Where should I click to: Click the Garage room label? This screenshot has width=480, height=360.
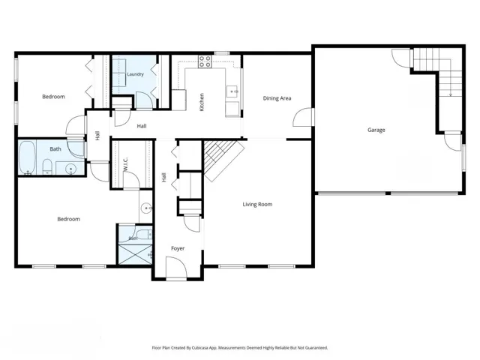(376, 130)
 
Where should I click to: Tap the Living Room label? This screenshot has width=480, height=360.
(257, 204)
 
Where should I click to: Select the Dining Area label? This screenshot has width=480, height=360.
(277, 98)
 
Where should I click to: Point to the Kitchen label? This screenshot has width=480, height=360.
(202, 102)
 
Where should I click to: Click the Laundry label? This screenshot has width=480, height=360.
(135, 74)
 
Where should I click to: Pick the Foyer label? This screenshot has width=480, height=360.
(178, 248)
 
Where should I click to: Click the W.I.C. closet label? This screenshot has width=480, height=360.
(125, 165)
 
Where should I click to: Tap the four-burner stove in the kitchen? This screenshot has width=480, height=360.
(205, 61)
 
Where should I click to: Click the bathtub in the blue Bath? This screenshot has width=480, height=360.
(27, 157)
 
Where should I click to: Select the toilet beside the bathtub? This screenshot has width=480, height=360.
(47, 166)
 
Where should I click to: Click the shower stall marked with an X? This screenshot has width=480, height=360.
(135, 254)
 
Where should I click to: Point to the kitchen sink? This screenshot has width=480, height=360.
(232, 91)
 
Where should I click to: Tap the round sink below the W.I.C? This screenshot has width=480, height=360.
(146, 208)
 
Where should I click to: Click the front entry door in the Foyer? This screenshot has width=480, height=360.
(176, 268)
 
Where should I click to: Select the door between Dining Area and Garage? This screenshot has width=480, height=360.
(303, 117)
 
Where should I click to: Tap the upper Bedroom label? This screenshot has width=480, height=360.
(53, 97)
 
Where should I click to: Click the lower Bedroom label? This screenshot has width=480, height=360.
(68, 219)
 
